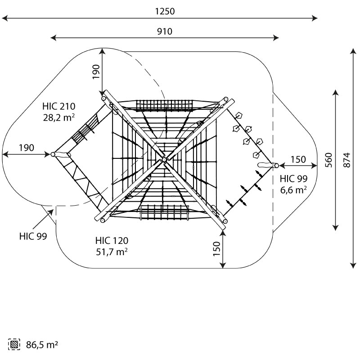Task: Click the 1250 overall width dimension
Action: coord(165,11)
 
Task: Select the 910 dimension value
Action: coord(165,31)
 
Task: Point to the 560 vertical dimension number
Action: coord(329,160)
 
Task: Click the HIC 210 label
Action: coord(59,106)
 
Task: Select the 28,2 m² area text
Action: coord(59,117)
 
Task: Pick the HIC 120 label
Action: coord(112,241)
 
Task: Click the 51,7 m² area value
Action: coord(112,252)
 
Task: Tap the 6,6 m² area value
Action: coord(294,190)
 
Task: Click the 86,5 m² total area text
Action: coord(42,345)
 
